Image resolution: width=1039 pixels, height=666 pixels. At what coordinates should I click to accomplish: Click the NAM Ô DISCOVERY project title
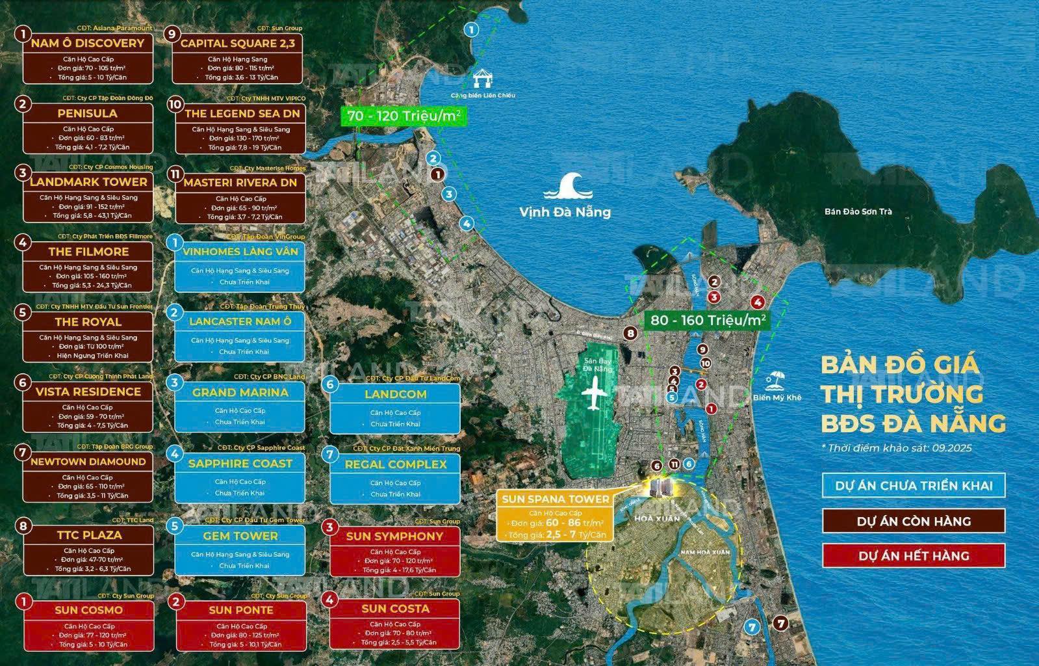88,44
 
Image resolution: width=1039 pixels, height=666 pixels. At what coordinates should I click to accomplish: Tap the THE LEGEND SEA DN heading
242,113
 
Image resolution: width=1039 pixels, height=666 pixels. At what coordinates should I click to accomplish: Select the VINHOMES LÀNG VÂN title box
240,252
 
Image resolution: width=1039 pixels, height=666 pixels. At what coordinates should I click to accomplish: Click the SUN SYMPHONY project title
394,537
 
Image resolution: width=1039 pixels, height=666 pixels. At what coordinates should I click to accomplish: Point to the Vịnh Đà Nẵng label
565,212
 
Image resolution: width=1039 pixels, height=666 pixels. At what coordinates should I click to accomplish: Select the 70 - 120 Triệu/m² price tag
404,116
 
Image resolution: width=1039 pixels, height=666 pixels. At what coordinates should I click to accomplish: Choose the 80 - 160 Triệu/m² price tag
708,320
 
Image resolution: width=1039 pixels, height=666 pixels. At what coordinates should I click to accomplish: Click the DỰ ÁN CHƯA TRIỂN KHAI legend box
914,486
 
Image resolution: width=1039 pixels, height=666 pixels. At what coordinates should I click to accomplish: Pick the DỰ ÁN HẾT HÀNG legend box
914,556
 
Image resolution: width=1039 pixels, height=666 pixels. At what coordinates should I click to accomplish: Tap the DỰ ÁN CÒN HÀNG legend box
914,521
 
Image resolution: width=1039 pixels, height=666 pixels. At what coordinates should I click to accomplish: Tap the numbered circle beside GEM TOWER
174,526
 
